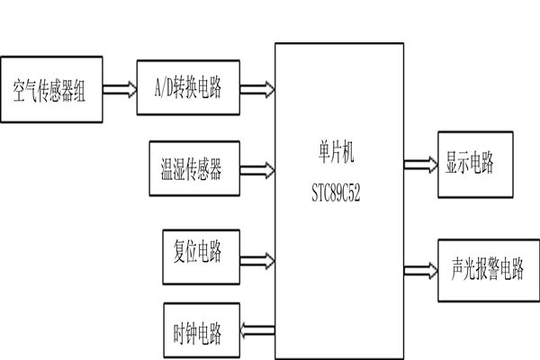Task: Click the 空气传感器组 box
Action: (52, 91)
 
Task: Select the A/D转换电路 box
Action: (189, 87)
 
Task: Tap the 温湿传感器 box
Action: (195, 169)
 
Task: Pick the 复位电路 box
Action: (195, 247)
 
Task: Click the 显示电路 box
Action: (472, 165)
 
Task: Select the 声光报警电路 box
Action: (487, 269)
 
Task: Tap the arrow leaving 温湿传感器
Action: (258, 168)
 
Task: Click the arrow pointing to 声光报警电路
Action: (417, 269)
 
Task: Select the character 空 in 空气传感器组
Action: (21, 91)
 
